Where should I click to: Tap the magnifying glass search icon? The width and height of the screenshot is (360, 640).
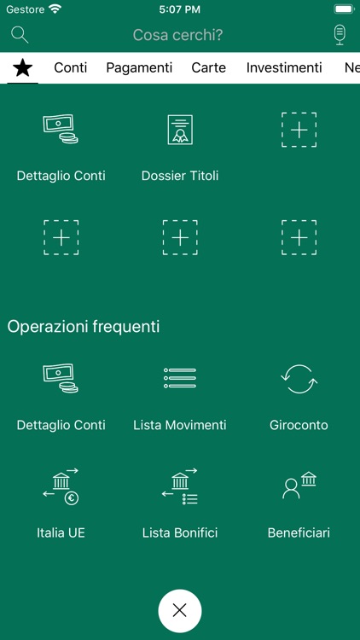(20, 35)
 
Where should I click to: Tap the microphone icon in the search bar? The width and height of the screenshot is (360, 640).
(340, 35)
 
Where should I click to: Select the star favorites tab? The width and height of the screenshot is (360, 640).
(23, 67)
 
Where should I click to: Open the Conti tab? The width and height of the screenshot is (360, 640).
(71, 67)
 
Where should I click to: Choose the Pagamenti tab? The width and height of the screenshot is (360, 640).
(139, 67)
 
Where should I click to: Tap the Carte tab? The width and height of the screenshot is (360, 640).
(209, 67)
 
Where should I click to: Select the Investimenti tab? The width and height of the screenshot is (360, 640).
(284, 67)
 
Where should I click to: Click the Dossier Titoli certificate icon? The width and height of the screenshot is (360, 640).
(180, 129)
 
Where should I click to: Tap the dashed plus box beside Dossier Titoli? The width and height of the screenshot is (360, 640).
(299, 130)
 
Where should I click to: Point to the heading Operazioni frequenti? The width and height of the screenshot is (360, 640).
(84, 326)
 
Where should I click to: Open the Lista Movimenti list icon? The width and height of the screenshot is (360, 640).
(180, 378)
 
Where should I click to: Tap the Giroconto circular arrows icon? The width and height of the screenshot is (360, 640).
(299, 378)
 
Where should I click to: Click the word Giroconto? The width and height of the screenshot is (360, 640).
(299, 425)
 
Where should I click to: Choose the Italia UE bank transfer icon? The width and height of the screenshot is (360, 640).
(61, 486)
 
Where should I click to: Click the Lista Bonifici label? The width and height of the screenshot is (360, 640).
(180, 532)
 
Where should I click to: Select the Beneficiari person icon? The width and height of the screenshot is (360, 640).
(299, 486)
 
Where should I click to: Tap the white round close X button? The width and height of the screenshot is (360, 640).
(180, 610)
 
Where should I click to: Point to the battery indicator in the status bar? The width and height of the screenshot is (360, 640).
(344, 9)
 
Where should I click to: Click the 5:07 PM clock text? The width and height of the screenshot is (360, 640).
(179, 9)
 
